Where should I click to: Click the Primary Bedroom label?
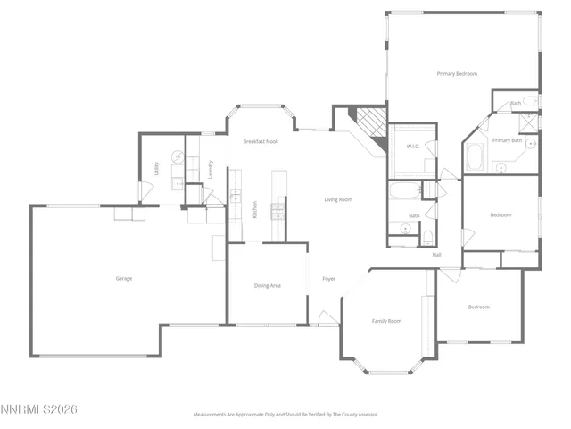click(x=457, y=73)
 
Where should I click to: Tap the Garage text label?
click(x=124, y=278)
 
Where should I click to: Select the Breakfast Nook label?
click(x=261, y=142)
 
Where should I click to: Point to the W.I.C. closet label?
click(x=413, y=146)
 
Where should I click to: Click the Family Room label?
click(x=386, y=320)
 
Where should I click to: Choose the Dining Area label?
click(x=268, y=285)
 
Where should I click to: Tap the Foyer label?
click(x=328, y=279)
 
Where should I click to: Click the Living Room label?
click(x=338, y=199)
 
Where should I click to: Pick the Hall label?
click(x=437, y=255)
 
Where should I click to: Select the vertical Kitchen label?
click(x=255, y=208)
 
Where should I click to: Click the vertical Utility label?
click(x=157, y=168)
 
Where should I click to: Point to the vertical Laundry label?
click(x=211, y=167)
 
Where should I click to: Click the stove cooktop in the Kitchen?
click(x=277, y=211)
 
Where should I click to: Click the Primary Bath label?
click(x=507, y=140)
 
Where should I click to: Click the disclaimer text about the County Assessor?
click(x=285, y=414)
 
